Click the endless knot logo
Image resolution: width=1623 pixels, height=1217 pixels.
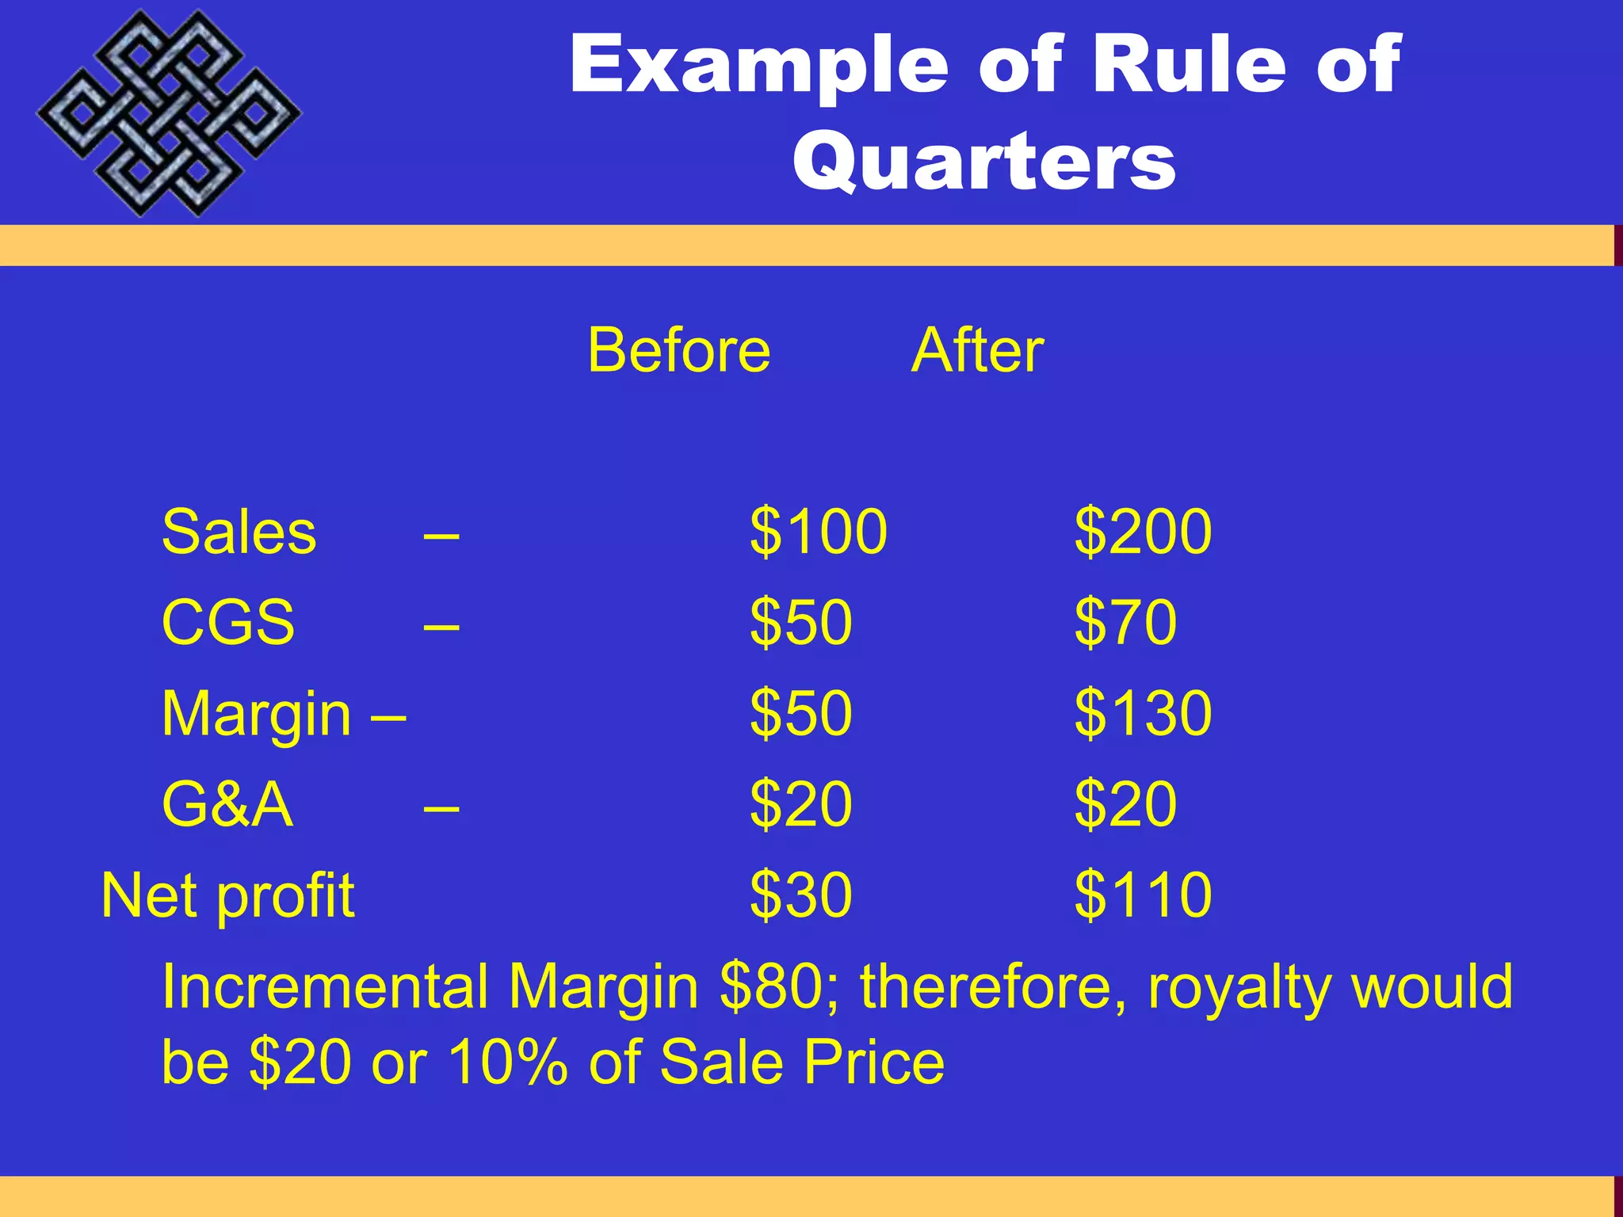coord(169,113)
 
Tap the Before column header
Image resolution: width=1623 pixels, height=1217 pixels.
coord(679,350)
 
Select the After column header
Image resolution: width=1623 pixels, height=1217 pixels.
coord(977,350)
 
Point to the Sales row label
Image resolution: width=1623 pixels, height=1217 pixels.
coord(239,532)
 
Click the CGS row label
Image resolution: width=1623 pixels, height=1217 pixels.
coord(228,623)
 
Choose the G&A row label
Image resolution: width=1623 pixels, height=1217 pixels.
coord(227,805)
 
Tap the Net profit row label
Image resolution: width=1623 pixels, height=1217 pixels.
coord(228,896)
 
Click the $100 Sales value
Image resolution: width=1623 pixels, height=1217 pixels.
coord(819,532)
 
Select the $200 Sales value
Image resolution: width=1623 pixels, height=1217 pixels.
coord(1143,532)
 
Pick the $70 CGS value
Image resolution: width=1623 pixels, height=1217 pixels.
coord(1125,623)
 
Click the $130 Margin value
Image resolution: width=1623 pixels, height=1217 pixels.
coord(1143,714)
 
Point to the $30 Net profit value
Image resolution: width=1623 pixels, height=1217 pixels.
coord(801,896)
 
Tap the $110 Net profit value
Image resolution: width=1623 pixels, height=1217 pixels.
coord(1143,896)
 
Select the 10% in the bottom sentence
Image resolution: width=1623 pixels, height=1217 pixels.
coord(508,1062)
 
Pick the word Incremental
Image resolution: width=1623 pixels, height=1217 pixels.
coord(325,987)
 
